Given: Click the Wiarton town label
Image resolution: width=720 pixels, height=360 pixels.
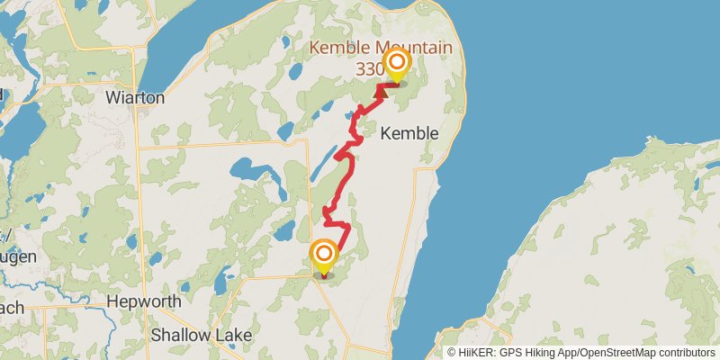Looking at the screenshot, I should [135, 97].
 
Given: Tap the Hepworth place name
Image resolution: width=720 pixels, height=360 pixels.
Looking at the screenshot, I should [144, 301].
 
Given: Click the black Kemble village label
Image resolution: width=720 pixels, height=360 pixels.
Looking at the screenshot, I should [409, 133].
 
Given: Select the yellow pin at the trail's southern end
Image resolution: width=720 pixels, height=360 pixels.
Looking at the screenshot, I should [324, 256].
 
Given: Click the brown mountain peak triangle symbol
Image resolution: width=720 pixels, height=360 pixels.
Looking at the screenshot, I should [380, 90].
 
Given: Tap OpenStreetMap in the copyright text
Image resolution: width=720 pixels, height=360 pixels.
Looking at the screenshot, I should [616, 352].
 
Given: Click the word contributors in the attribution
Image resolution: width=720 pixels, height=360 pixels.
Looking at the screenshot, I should [685, 352].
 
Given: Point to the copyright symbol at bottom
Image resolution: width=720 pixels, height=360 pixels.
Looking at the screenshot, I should [452, 352].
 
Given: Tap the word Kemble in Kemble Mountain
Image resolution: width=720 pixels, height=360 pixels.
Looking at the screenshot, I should [337, 48].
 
